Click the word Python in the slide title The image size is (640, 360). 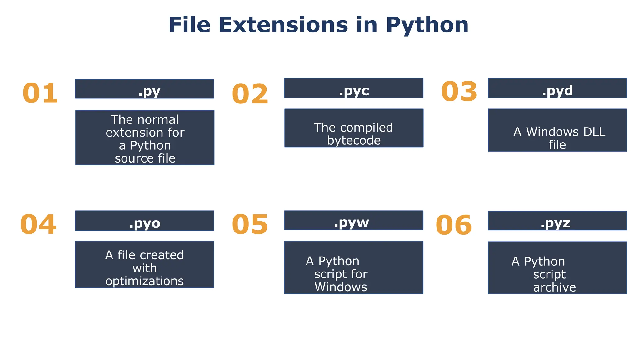pyautogui.click(x=427, y=25)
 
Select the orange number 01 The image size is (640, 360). pyautogui.click(x=40, y=93)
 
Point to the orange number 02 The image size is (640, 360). pyautogui.click(x=250, y=94)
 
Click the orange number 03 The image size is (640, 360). pyautogui.click(x=459, y=92)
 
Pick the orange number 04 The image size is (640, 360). pyautogui.click(x=38, y=224)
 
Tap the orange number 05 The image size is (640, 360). pyautogui.click(x=250, y=224)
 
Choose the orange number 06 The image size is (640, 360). pyautogui.click(x=453, y=225)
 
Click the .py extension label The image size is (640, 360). pyautogui.click(x=149, y=91)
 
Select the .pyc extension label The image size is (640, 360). pyautogui.click(x=354, y=91)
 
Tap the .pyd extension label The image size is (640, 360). pyautogui.click(x=557, y=90)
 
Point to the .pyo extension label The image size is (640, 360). pyautogui.click(x=145, y=223)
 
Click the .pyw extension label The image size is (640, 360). pyautogui.click(x=352, y=222)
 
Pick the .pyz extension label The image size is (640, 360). pyautogui.click(x=555, y=223)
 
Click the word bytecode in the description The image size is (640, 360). pyautogui.click(x=354, y=141)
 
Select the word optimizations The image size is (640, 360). pyautogui.click(x=145, y=281)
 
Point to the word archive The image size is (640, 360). pyautogui.click(x=554, y=287)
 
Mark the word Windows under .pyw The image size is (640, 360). pyautogui.click(x=341, y=287)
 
